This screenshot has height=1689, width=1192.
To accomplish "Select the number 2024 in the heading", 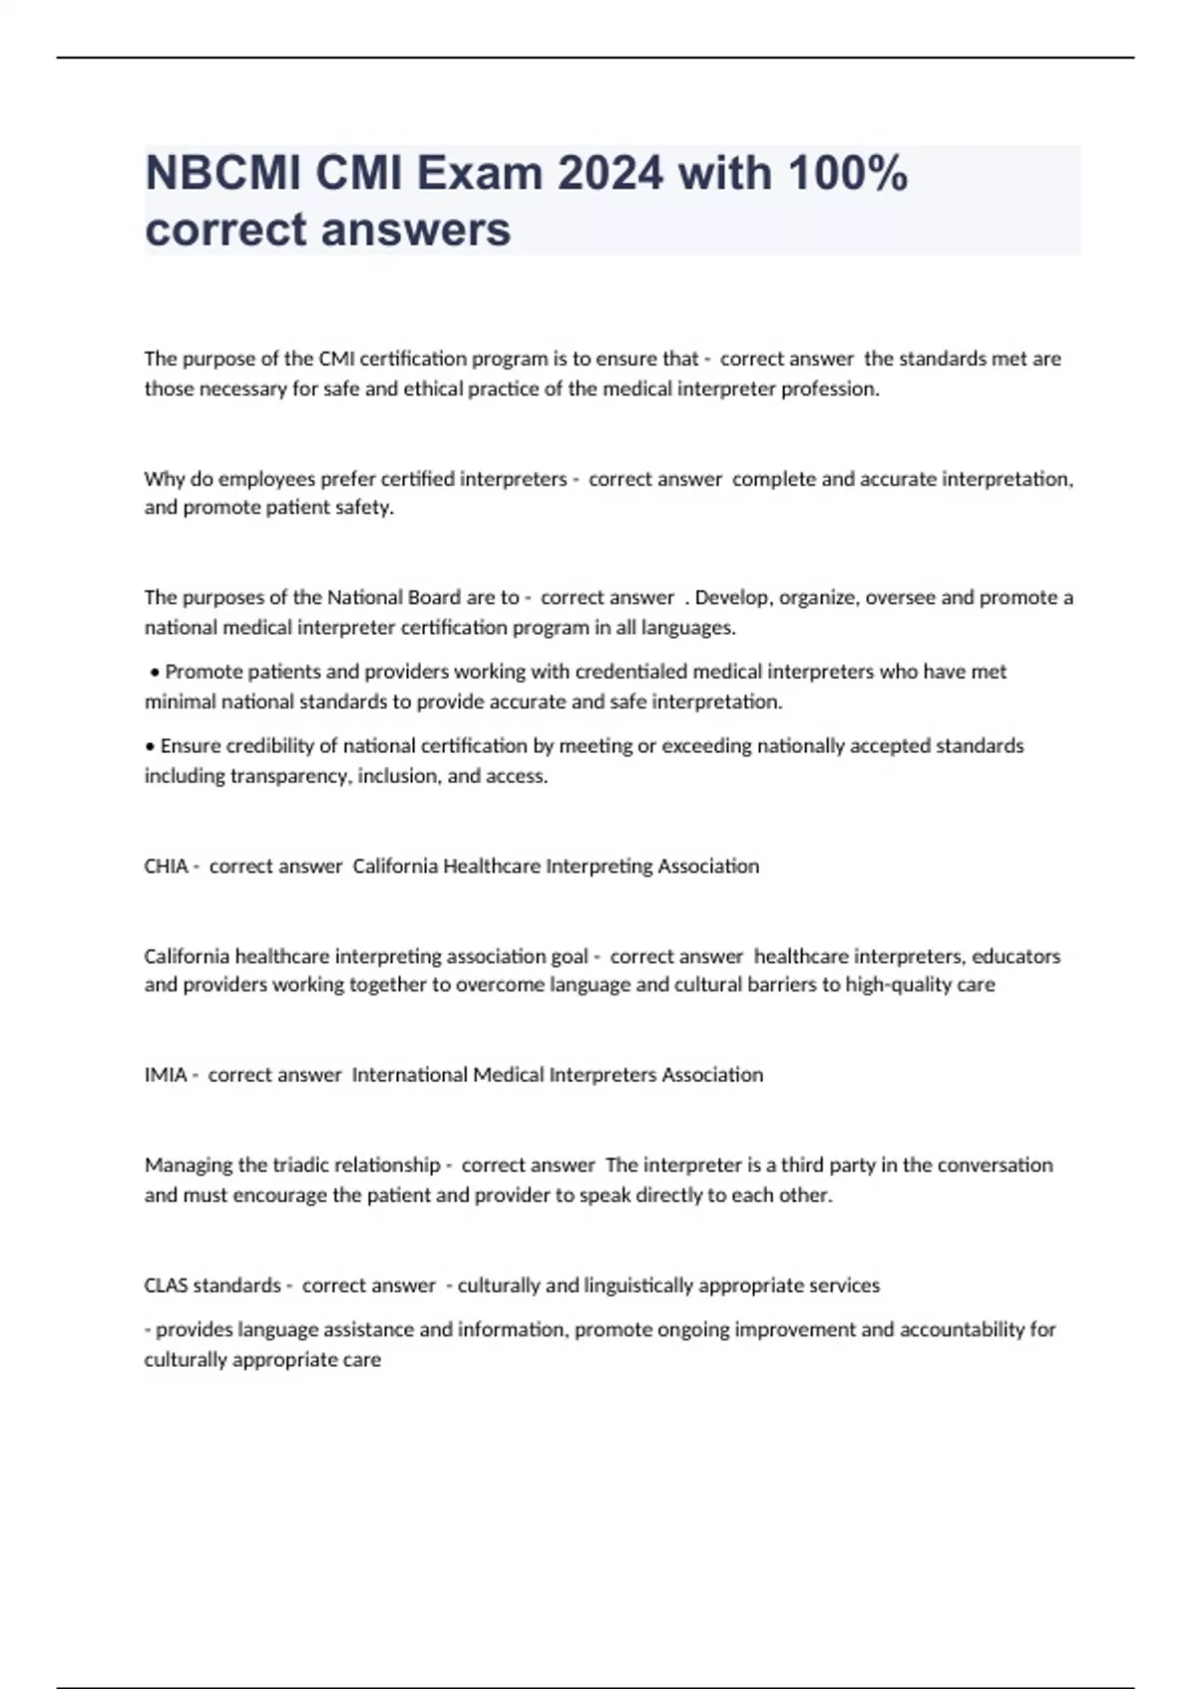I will click(x=610, y=174).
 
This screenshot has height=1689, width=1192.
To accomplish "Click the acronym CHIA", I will click(x=166, y=866).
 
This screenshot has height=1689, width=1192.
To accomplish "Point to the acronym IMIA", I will click(x=166, y=1075).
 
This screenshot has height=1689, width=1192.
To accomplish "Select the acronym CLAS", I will click(x=166, y=1286).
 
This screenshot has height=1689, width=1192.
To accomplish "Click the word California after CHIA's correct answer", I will click(x=395, y=866).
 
